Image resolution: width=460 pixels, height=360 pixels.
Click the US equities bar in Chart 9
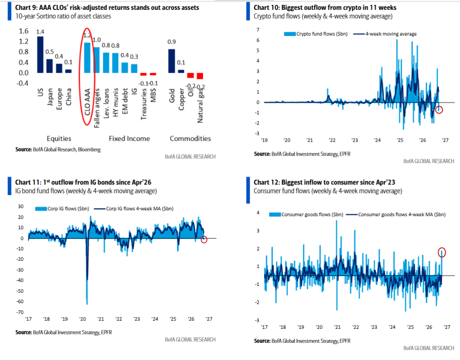point(40,55)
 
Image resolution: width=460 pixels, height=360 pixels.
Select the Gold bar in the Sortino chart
point(172,61)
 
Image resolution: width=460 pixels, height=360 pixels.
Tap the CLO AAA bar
point(87,58)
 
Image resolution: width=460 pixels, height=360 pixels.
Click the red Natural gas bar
point(200,76)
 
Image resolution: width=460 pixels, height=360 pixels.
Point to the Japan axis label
point(50,97)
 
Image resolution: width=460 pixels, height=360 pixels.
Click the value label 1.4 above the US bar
point(40,32)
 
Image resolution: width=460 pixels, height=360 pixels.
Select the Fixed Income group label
point(129,138)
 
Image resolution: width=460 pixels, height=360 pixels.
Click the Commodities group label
point(190,138)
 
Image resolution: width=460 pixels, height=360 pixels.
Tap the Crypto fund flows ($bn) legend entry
point(316,34)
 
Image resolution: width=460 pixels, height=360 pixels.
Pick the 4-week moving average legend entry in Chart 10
point(385,34)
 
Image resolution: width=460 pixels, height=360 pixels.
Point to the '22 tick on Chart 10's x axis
point(332,140)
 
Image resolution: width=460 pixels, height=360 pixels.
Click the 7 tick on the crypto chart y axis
point(258,30)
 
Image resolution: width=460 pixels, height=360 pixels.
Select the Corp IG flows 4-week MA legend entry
point(134,208)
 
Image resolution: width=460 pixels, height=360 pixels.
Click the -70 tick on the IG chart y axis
point(20,312)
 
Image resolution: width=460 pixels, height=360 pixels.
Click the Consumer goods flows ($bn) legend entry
point(306,214)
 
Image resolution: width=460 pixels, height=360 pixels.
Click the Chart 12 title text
point(324,182)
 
